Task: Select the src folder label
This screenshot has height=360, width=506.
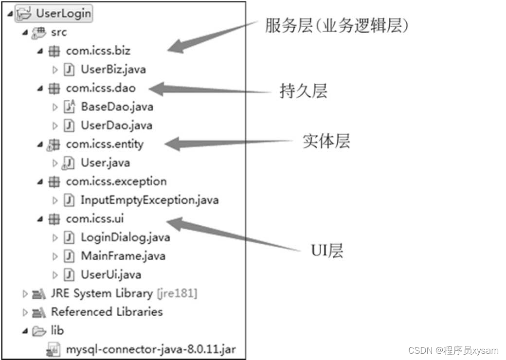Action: tap(59, 32)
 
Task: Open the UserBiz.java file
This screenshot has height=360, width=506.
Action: tap(113, 69)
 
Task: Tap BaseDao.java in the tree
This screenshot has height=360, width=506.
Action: tap(117, 107)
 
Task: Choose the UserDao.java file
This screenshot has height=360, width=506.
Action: tap(116, 125)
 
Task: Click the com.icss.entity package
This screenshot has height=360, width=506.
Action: tap(105, 144)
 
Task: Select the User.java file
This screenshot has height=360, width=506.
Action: tap(105, 162)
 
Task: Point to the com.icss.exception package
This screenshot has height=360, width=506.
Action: tap(116, 181)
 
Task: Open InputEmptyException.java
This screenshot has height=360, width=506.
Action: tap(149, 200)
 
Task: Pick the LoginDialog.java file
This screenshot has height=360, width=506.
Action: tap(125, 237)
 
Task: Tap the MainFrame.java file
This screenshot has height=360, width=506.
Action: tap(123, 256)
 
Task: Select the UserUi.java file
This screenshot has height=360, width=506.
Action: tap(110, 274)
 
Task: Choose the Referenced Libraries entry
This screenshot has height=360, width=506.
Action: tap(107, 312)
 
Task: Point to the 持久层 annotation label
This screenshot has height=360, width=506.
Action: tap(303, 91)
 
